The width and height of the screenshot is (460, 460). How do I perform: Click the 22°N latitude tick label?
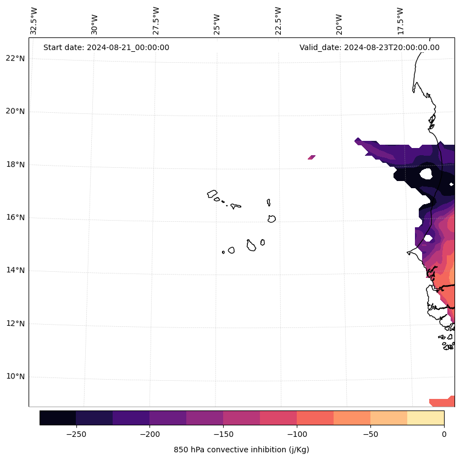[x=15, y=58]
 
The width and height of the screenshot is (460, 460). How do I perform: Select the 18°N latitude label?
[x=15, y=165]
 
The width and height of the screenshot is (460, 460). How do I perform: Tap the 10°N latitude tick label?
[x=15, y=377]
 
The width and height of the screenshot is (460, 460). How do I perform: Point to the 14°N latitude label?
[x=15, y=271]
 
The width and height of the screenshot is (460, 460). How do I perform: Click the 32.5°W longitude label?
[x=34, y=21]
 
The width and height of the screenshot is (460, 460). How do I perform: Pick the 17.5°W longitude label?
[x=401, y=21]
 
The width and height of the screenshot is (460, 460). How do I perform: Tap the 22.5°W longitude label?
[x=278, y=21]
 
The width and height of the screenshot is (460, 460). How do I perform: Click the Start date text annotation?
[x=106, y=47]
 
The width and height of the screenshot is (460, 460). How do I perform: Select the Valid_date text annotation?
[x=369, y=47]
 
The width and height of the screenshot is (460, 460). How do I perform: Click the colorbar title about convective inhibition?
[x=241, y=450]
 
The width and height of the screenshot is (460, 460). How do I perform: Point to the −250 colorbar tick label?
[x=76, y=434]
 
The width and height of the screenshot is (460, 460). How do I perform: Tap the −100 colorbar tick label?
[x=297, y=434]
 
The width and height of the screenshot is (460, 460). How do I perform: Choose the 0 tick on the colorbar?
[x=444, y=434]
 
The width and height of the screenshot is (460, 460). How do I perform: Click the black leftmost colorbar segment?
[x=58, y=418]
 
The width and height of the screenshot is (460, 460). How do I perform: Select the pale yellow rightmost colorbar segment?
[x=425, y=418]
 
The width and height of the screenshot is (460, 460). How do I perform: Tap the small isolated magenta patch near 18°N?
[x=312, y=157]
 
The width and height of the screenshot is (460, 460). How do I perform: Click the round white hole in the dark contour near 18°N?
[x=426, y=174]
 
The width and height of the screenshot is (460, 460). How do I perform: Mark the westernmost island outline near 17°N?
[x=212, y=194]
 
